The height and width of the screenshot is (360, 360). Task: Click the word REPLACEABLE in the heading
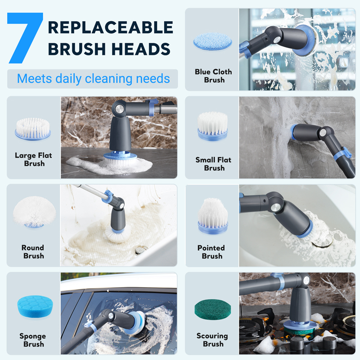click(110, 27)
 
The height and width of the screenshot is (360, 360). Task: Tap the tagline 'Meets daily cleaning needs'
click(94, 78)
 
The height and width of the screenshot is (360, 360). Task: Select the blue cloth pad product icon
click(212, 41)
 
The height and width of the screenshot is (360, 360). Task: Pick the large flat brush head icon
click(33, 129)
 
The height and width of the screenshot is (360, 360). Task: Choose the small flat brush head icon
click(212, 126)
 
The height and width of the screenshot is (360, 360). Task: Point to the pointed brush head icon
click(213, 216)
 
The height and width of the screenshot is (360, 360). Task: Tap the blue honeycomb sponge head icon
click(35, 306)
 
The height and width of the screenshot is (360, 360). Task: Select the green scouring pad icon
click(212, 309)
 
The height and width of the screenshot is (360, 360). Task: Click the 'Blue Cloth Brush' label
click(213, 76)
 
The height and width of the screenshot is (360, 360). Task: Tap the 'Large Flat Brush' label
click(33, 159)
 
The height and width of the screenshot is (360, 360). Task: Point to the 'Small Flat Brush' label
click(213, 164)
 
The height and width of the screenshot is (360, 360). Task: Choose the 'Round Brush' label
click(33, 252)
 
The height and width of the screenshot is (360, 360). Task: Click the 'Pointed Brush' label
click(211, 252)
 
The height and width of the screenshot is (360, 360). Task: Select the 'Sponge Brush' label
click(33, 340)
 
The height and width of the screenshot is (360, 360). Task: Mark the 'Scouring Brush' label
click(212, 340)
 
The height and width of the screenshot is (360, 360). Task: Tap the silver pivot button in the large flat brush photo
click(119, 109)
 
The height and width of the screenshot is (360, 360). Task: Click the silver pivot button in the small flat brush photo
click(323, 133)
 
